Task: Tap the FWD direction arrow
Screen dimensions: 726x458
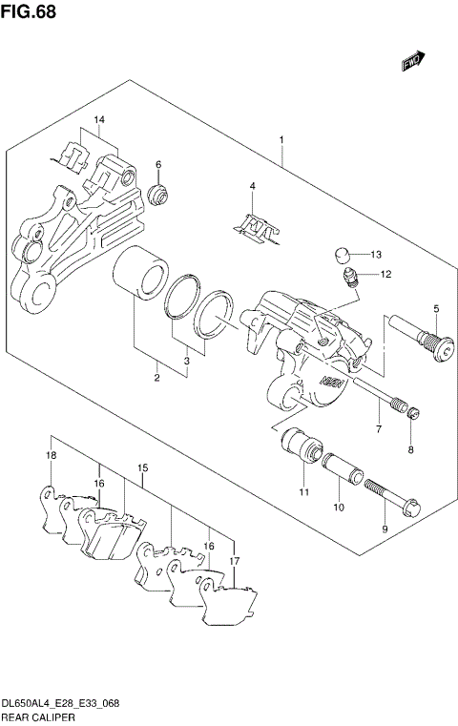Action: tap(411, 61)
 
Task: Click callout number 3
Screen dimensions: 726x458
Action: tap(187, 362)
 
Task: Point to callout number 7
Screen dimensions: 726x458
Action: tap(378, 431)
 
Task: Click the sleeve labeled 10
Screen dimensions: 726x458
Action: tap(338, 474)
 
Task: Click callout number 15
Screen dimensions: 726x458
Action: tap(143, 468)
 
